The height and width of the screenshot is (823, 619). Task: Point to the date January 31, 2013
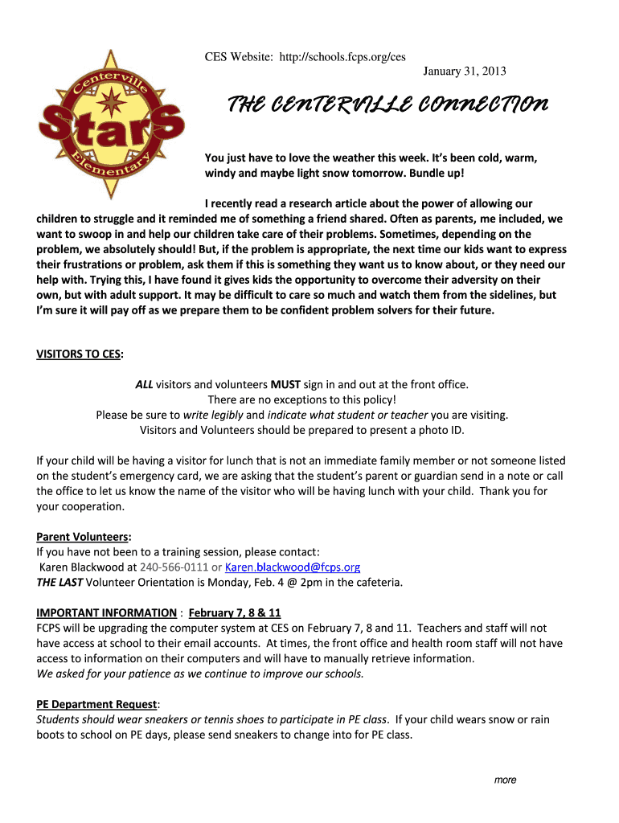pos(465,72)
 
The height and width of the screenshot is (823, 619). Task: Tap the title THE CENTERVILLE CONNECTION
pos(388,104)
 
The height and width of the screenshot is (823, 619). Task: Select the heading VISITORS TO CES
pos(80,354)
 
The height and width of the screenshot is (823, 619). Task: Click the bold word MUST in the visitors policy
pos(285,384)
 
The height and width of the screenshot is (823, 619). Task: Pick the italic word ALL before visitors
pos(144,384)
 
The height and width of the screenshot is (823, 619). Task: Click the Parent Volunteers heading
pos(84,536)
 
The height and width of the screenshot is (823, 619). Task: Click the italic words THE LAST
pos(59,582)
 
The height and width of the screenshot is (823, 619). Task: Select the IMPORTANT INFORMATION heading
pos(106,612)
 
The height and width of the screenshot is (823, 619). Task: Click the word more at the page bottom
pos(505,780)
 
